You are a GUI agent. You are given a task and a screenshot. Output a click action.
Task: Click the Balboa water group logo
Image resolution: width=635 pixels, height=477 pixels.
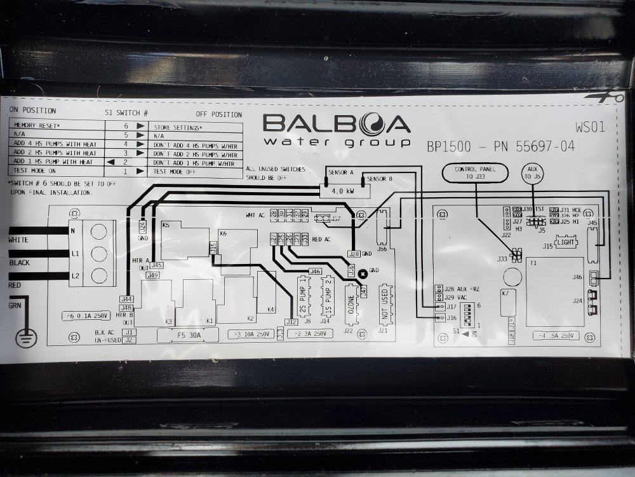[337, 130]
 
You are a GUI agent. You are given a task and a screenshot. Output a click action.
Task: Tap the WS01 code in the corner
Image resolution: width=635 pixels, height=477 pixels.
[590, 127]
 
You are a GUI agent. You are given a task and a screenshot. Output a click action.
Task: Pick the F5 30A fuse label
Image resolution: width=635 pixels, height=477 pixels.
[189, 334]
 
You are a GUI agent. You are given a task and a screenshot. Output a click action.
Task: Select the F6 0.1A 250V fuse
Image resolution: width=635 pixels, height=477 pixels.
[86, 315]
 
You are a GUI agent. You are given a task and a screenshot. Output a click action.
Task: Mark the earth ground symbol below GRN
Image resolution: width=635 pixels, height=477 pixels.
[25, 337]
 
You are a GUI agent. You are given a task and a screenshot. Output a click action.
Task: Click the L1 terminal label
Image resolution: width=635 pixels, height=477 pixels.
[75, 253]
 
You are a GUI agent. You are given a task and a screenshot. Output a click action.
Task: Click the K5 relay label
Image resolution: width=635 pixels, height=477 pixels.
[166, 225]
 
